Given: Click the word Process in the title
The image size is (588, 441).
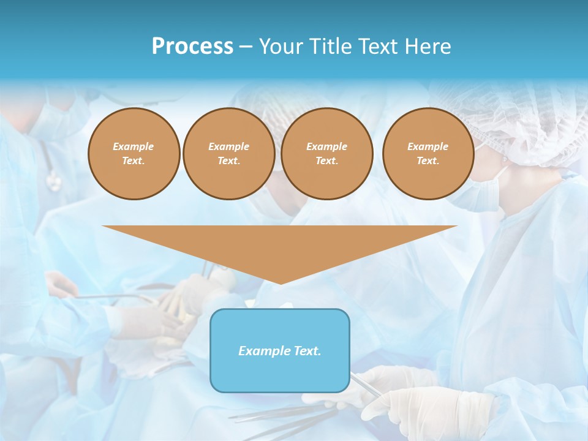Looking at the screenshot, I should tap(192, 47).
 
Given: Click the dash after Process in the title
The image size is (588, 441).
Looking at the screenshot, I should tap(246, 47).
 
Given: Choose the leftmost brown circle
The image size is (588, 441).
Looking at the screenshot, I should tap(134, 154).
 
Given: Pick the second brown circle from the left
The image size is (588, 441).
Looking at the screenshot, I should tap(228, 154).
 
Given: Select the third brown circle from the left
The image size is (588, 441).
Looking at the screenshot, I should tap(327, 154).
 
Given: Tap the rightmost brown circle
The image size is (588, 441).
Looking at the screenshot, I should tap(428, 154).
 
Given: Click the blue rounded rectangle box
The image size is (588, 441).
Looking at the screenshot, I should tap(280, 374).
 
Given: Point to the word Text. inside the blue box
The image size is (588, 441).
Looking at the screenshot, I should tap(306, 351).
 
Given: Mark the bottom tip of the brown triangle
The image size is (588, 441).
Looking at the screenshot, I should tap(281, 283).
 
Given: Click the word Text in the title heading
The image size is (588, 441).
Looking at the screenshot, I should tap(377, 47).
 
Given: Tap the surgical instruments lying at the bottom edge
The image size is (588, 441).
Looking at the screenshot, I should tap(276, 417).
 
